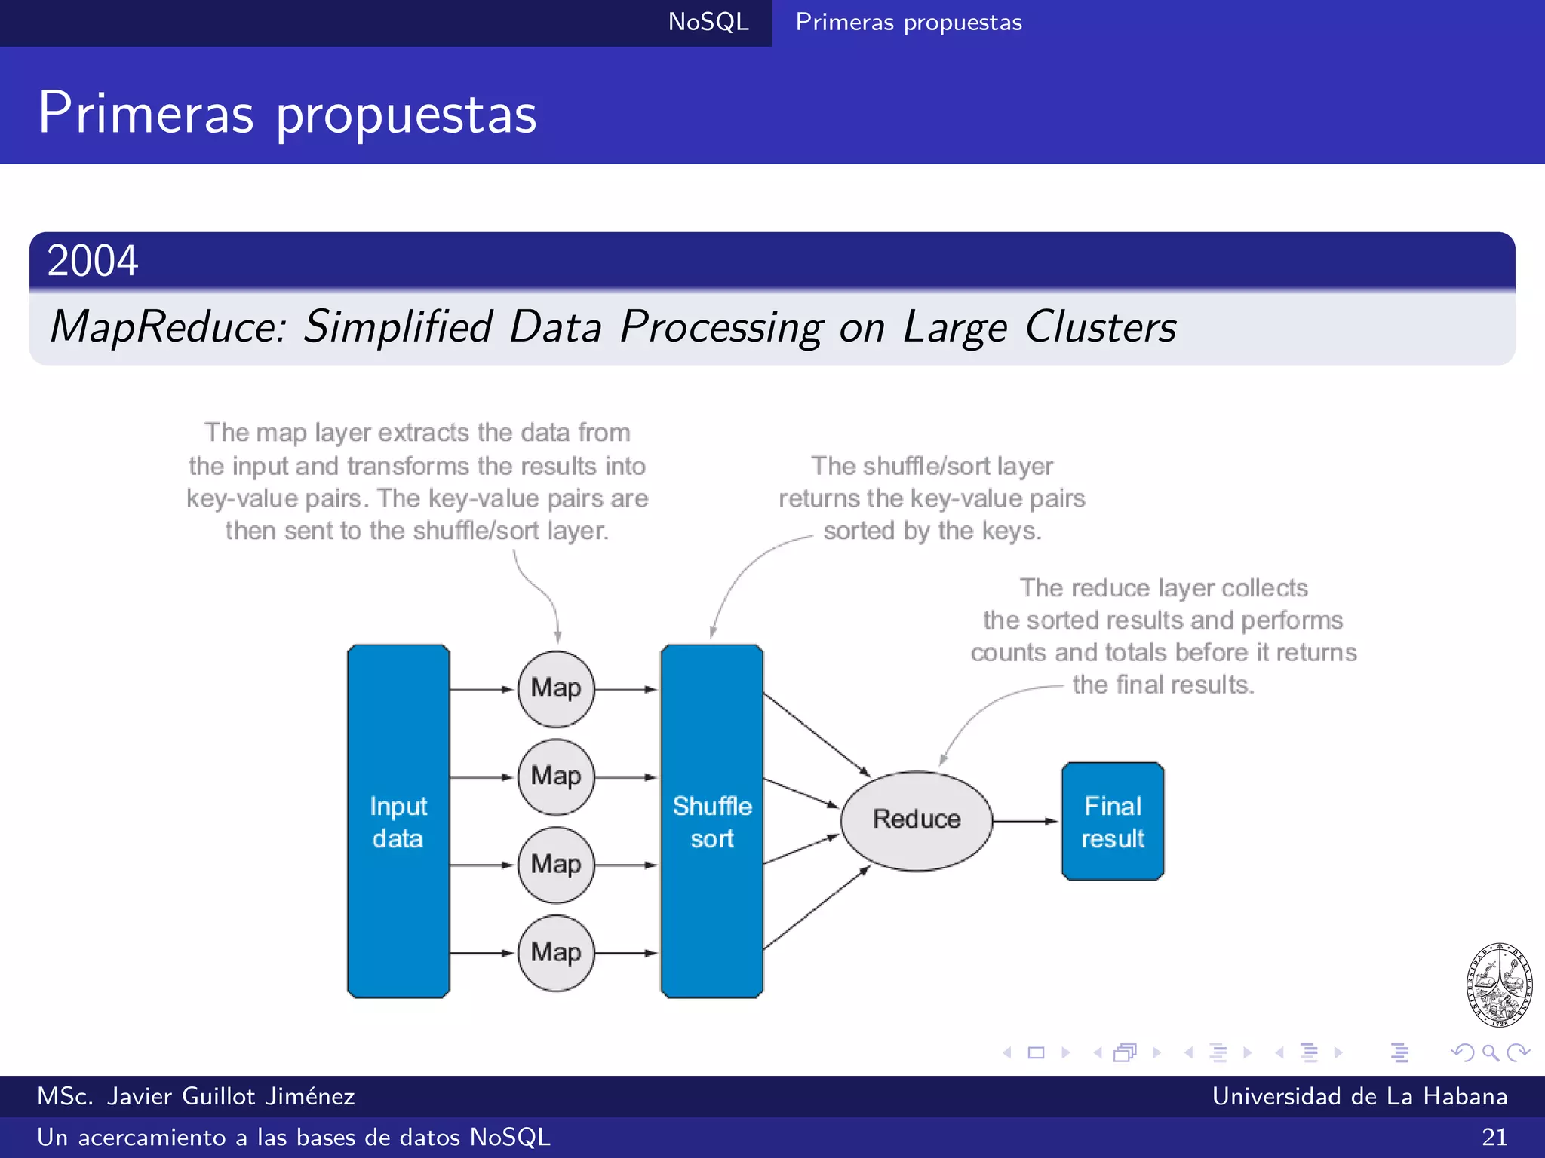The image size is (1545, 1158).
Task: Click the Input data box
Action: point(398,822)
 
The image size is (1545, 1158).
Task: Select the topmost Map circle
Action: point(556,688)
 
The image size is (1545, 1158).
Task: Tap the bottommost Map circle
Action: point(556,952)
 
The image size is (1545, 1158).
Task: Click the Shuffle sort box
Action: point(711,822)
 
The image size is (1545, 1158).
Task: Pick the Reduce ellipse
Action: point(916,820)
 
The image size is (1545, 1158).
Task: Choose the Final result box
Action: point(1112,822)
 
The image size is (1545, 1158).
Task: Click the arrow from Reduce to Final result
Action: point(1024,821)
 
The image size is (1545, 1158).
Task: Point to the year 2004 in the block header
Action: point(92,261)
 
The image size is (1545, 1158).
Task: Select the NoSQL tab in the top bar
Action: point(708,22)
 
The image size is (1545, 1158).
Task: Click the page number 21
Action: point(1494,1137)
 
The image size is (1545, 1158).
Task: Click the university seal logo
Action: point(1498,985)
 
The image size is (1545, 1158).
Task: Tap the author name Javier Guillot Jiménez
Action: point(230,1096)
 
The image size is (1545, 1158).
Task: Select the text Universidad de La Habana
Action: point(1359,1096)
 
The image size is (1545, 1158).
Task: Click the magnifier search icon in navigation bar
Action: point(1490,1052)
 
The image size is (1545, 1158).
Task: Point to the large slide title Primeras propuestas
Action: point(287,113)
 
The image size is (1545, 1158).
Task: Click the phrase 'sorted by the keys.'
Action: point(932,531)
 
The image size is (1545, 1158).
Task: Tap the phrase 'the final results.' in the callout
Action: point(1163,685)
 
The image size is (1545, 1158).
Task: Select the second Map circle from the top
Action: point(556,777)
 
